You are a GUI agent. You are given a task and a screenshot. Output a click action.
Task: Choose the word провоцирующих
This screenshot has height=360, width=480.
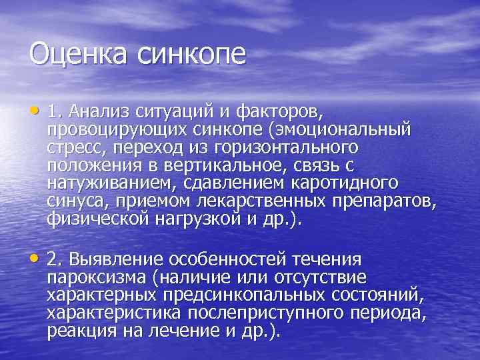click(x=113, y=128)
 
